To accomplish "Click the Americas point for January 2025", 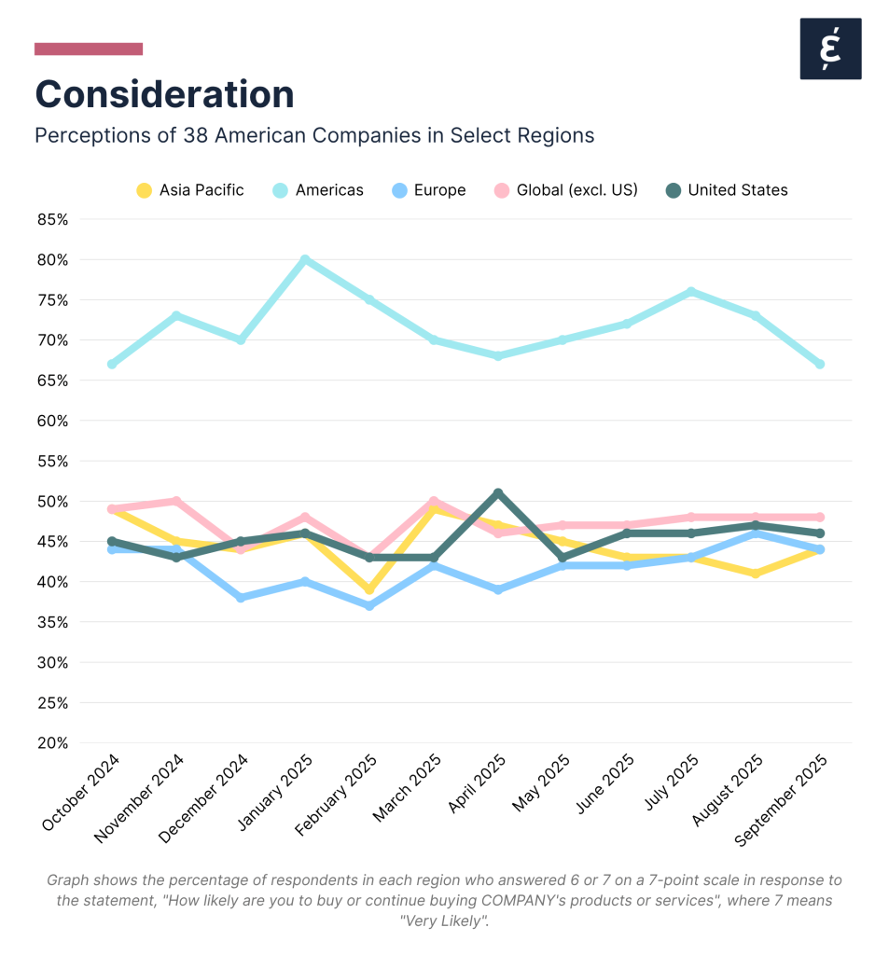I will point(305,259).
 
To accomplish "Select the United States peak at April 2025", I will point(498,492).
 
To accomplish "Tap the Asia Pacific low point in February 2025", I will point(369,589).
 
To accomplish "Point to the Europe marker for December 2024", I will point(241,597).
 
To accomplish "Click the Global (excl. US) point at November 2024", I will point(176,501).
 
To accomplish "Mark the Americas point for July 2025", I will point(691,291).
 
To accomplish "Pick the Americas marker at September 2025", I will point(820,364).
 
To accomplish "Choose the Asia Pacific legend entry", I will point(190,190).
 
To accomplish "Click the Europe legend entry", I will point(428,190).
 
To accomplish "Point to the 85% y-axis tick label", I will point(52,219).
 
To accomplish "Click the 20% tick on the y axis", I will point(52,742).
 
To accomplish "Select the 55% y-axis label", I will point(52,461).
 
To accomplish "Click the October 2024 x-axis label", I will point(81,793).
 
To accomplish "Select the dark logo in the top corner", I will point(830,48).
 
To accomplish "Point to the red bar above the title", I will point(89,48).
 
